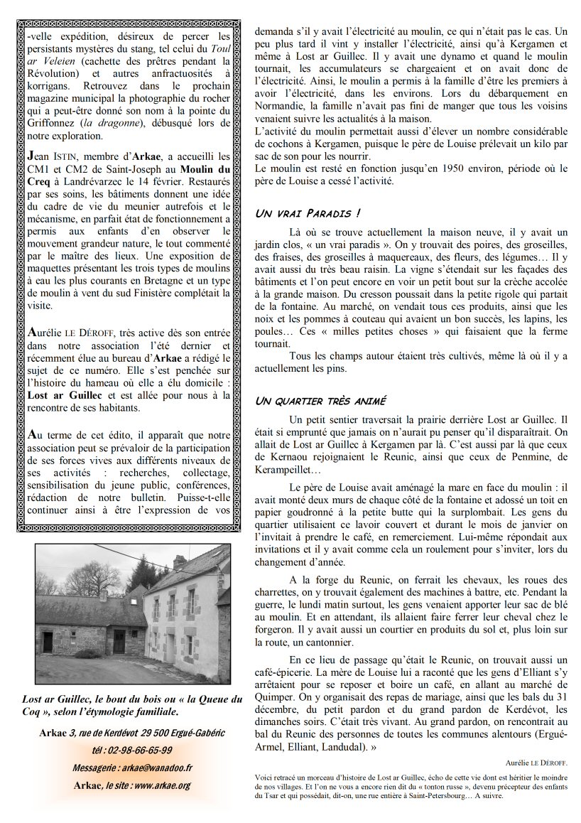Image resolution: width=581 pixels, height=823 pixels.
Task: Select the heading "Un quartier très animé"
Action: [320, 401]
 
